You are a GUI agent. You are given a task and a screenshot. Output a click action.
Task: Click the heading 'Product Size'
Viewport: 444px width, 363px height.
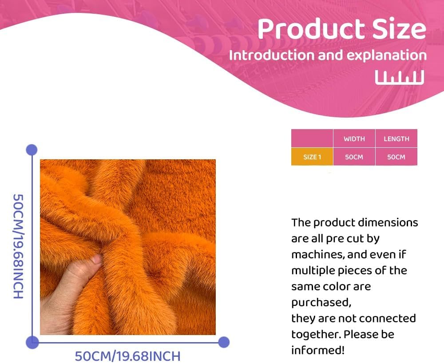pos(341,29)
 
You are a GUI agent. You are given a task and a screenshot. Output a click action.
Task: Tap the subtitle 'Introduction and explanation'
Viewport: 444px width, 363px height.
pos(328,55)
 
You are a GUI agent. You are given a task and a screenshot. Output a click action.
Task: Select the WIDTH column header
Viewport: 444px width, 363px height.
pos(354,139)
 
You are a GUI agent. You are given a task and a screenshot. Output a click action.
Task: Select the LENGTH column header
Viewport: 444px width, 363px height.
pos(396,139)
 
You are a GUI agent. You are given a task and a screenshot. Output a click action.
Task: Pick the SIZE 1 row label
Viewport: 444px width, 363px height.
pos(312,157)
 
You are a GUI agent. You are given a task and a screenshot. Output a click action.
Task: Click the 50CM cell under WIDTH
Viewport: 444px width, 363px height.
pos(354,157)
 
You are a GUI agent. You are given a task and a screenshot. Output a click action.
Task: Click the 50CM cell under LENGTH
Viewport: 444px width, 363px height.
pos(396,157)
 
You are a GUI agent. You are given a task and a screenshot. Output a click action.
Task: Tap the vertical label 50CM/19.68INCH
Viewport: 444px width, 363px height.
pos(18,246)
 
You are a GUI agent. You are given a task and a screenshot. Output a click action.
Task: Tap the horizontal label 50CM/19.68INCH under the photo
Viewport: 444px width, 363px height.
pos(127,356)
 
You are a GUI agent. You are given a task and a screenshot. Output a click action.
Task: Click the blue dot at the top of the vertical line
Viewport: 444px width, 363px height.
pos(32,150)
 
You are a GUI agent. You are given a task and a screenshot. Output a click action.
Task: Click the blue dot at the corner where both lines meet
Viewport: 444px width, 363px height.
pos(32,342)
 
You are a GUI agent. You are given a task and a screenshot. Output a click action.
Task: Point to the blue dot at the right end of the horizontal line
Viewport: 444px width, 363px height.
pos(224,342)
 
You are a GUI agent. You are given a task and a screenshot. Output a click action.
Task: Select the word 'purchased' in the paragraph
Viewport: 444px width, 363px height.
pos(320,303)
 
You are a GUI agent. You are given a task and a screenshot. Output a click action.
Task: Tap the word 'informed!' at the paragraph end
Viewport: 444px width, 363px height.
pos(317,350)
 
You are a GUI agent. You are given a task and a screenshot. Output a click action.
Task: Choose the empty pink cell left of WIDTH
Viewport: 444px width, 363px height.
pos(312,139)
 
